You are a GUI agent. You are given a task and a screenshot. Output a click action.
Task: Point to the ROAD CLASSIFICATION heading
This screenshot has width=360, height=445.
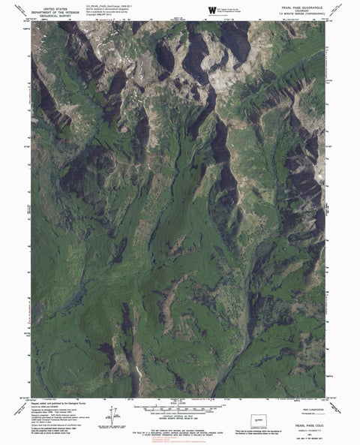(292, 401)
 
